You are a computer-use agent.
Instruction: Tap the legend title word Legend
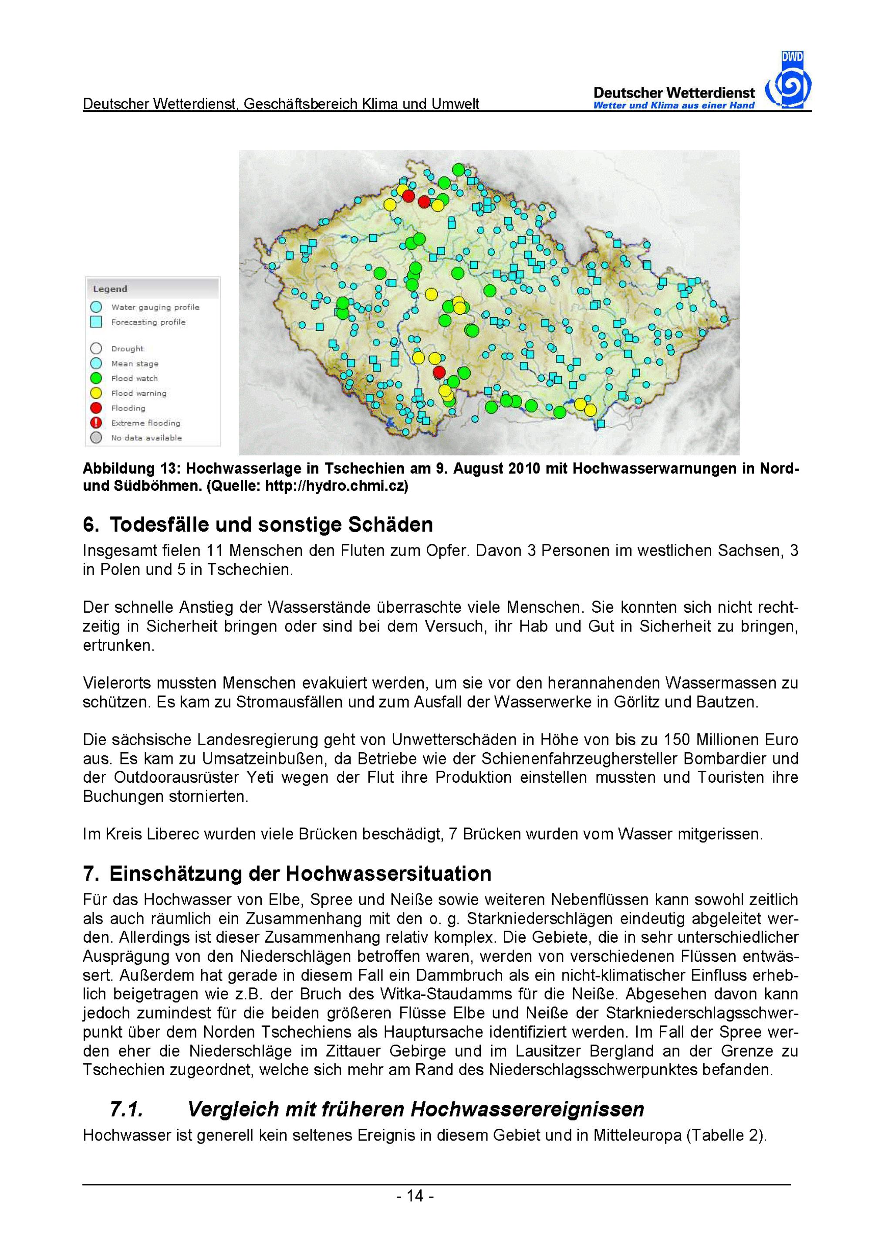tap(110, 289)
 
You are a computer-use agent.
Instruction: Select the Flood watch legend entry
tap(134, 378)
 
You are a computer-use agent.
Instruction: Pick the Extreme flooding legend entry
tap(145, 423)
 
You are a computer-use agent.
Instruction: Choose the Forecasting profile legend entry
tap(148, 322)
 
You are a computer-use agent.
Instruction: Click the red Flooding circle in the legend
tap(96, 408)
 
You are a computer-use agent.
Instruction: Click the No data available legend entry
tap(146, 438)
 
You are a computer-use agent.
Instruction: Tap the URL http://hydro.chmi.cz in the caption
tap(336, 486)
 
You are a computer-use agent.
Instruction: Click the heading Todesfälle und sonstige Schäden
tap(271, 524)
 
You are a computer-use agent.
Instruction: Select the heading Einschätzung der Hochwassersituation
tap(300, 874)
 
